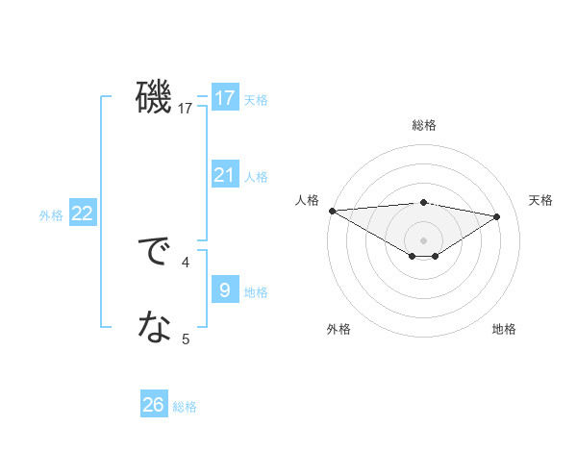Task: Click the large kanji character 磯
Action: (x=154, y=97)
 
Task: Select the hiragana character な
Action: (x=154, y=329)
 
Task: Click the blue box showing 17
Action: (x=225, y=98)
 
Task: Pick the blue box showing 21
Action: (x=225, y=175)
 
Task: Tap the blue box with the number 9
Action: (x=225, y=290)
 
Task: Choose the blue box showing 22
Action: (x=82, y=213)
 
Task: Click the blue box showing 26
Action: (x=154, y=405)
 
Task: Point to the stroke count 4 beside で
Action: (x=186, y=261)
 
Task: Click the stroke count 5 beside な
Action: (x=186, y=339)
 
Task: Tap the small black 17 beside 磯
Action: (x=186, y=108)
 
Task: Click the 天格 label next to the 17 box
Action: (x=256, y=99)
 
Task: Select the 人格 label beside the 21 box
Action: (x=256, y=176)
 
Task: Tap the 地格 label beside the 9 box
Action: (x=256, y=291)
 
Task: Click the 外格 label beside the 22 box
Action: (x=51, y=215)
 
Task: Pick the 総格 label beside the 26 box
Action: (x=185, y=406)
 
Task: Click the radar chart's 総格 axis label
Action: (x=423, y=125)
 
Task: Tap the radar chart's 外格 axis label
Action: (x=339, y=329)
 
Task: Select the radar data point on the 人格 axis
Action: (x=332, y=210)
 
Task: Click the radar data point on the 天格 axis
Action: (x=496, y=215)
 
